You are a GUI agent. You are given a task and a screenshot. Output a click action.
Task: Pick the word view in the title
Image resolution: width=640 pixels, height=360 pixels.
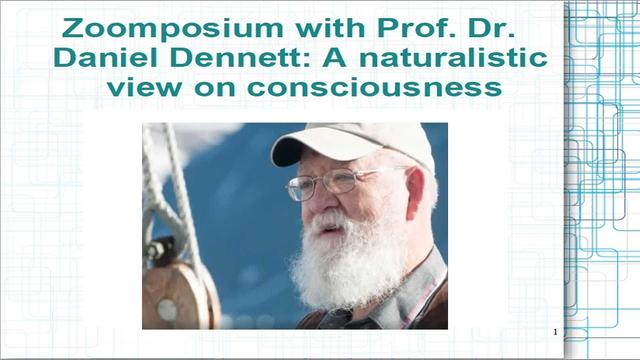(x=144, y=89)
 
